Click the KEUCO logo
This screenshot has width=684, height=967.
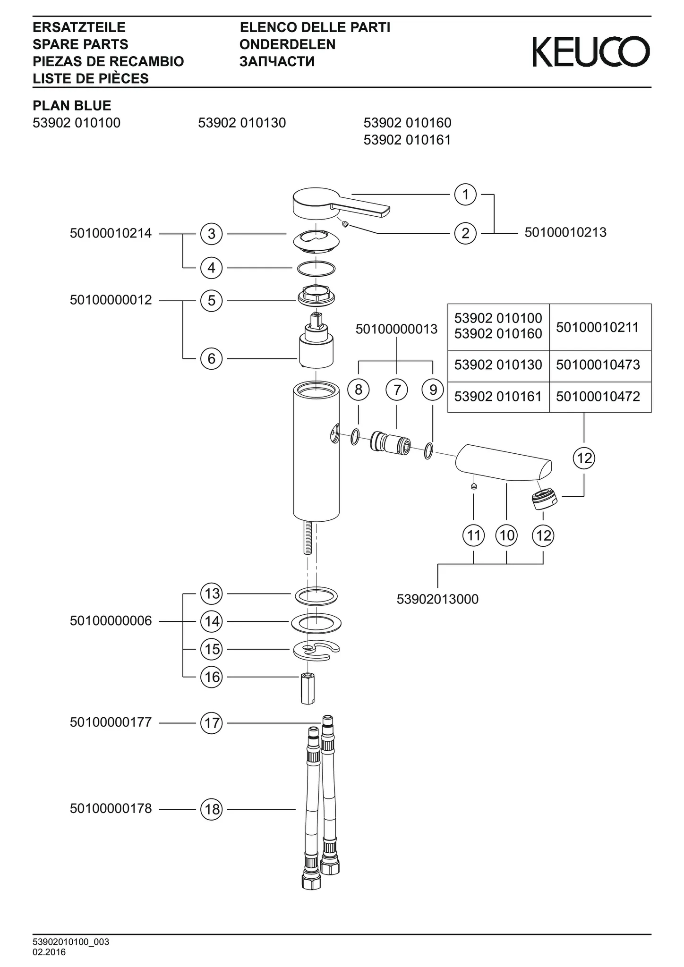pyautogui.click(x=591, y=51)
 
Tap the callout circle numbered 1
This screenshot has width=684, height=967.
pyautogui.click(x=465, y=195)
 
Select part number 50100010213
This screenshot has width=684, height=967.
pyautogui.click(x=565, y=232)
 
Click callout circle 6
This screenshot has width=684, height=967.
pyautogui.click(x=211, y=359)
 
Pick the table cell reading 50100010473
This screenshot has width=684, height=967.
pyautogui.click(x=598, y=365)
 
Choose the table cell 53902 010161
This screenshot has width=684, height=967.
pyautogui.click(x=498, y=396)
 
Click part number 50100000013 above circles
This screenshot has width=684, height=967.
pyautogui.click(x=396, y=329)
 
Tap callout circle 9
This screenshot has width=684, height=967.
pyautogui.click(x=433, y=390)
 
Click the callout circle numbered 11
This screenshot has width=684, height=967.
pyautogui.click(x=474, y=535)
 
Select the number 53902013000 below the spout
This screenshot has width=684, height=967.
pyautogui.click(x=437, y=599)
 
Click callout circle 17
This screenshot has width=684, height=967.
pyautogui.click(x=211, y=723)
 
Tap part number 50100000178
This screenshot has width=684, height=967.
pyautogui.click(x=111, y=808)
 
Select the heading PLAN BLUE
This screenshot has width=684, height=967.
pyautogui.click(x=72, y=105)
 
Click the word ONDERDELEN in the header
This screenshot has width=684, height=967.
pyautogui.click(x=287, y=44)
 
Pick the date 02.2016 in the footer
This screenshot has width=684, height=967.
pyautogui.click(x=49, y=952)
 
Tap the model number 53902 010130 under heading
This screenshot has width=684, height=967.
pyautogui.click(x=242, y=123)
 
